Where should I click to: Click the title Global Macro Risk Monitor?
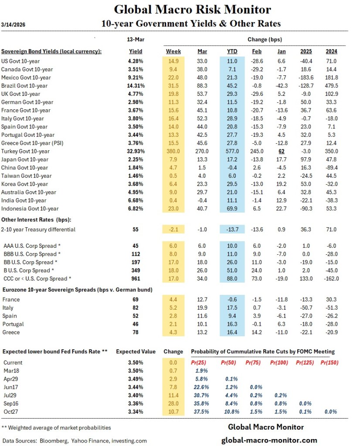(x=192, y=10)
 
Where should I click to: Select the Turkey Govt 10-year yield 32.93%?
(x=136, y=151)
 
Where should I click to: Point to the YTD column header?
(x=232, y=51)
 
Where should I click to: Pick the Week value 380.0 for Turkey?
(x=174, y=151)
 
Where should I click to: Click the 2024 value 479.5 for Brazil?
(x=331, y=86)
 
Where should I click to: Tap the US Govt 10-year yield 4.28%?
(x=136, y=61)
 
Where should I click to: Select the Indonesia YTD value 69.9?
(x=232, y=209)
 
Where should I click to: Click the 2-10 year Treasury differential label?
(x=39, y=229)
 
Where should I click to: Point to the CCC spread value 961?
(x=136, y=279)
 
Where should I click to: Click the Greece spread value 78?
(x=136, y=333)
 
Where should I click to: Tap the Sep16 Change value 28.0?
(x=174, y=404)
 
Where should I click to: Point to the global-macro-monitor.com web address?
(x=270, y=440)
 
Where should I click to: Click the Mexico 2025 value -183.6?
(x=306, y=78)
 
